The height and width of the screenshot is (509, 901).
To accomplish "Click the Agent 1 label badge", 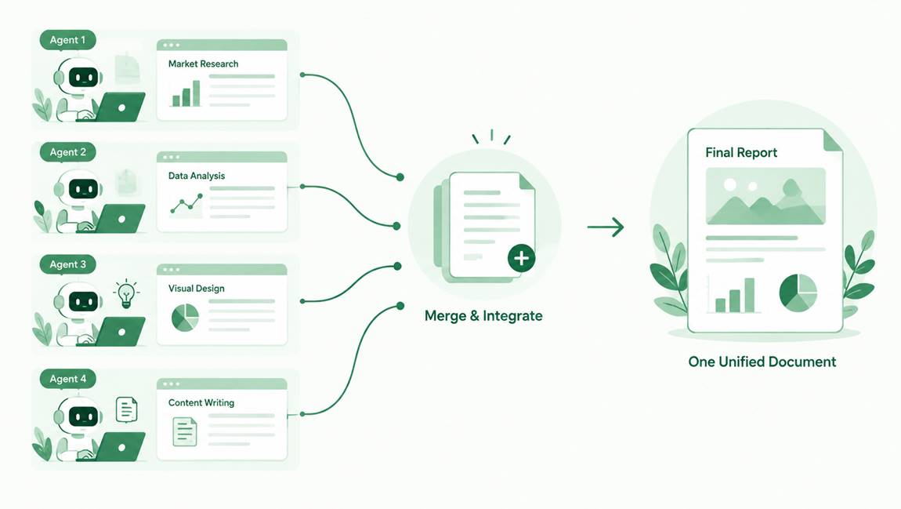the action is [68, 40].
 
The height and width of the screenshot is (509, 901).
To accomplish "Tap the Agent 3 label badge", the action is [68, 264].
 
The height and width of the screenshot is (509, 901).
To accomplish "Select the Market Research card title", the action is [204, 64].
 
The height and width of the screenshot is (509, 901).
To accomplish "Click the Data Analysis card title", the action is [197, 176].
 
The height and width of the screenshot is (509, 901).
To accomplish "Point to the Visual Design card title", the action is [197, 288].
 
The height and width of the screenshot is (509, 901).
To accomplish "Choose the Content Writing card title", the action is [201, 402].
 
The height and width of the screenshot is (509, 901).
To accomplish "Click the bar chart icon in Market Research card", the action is [186, 93].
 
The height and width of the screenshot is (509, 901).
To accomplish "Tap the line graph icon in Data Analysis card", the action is [186, 205].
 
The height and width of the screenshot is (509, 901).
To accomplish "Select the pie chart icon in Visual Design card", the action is [185, 318].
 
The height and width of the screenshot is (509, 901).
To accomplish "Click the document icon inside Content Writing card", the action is [184, 432].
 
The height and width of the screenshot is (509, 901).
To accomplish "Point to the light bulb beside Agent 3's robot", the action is [126, 294].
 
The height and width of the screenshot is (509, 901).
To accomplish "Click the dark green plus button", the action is [521, 258].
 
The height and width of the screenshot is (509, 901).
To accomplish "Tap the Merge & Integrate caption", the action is [483, 316].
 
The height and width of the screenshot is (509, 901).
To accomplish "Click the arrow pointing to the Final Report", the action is [606, 227].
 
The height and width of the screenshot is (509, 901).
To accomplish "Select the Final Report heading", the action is [741, 152].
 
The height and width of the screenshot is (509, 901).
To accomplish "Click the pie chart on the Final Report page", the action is [798, 293].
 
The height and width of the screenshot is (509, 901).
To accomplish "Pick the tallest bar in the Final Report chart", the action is [749, 295].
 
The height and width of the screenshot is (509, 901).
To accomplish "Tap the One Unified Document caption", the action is [762, 362].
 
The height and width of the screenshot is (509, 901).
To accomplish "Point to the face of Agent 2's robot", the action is [83, 189].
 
